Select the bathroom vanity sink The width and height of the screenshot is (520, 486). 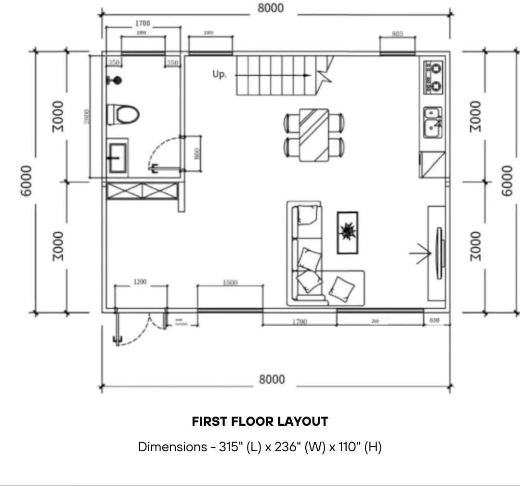point(117,158)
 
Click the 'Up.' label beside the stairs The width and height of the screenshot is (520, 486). point(220,75)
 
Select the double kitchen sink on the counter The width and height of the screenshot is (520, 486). point(433,121)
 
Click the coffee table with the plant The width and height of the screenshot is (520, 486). point(347,232)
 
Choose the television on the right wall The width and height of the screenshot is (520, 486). point(439,253)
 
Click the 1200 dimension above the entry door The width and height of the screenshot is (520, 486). point(140,282)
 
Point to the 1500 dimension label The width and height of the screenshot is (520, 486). point(230,282)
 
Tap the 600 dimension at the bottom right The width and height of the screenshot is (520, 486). point(434,320)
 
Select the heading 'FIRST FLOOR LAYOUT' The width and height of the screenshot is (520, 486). point(260,421)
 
